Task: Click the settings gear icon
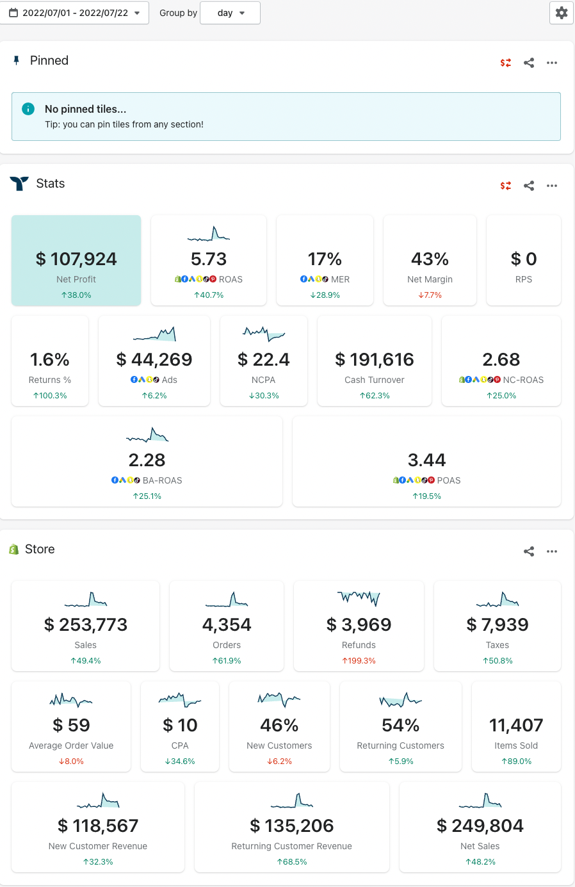coord(562,13)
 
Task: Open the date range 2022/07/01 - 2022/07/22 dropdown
coord(74,13)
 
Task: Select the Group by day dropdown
coord(230,13)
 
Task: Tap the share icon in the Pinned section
coord(529,63)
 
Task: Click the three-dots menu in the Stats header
coord(552,186)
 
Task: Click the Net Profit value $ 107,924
coord(76,259)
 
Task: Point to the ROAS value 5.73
coord(209,259)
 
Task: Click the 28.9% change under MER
coord(325,295)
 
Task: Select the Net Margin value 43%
coord(430,259)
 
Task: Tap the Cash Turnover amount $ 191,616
coord(375,360)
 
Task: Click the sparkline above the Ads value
coord(154,334)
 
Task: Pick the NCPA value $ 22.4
coord(263,360)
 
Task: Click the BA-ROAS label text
coord(162,480)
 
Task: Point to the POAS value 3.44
coord(426,460)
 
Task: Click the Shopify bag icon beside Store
coord(13,549)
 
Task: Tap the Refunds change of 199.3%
coord(359,661)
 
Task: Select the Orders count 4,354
coord(227,625)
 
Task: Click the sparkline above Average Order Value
coord(71,700)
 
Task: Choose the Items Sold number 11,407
coord(516,726)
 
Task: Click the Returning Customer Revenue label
coord(291,846)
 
